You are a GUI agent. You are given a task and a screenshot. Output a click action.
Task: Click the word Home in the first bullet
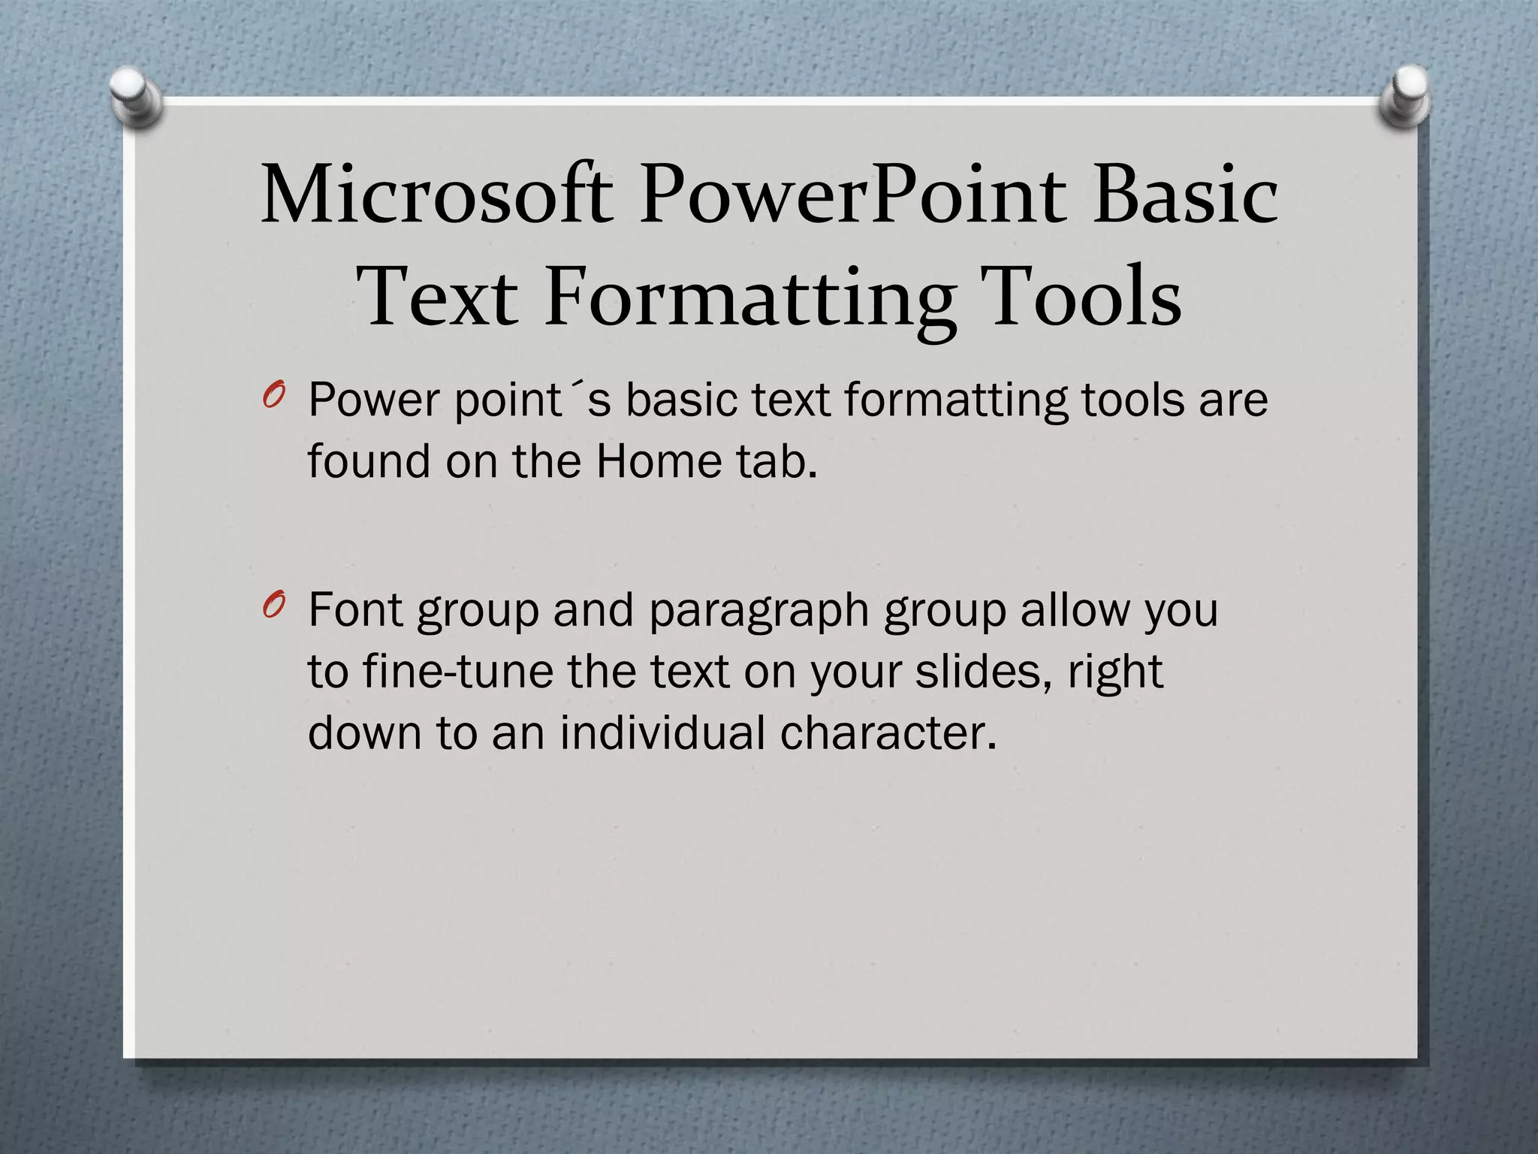pos(658,461)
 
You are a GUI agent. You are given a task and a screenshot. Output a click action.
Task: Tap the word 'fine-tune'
pos(458,672)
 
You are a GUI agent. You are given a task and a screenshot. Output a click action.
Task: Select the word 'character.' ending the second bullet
pos(888,733)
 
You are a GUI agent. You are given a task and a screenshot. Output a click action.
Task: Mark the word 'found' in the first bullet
pos(369,461)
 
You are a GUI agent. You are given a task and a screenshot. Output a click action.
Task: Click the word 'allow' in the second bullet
pos(1075,610)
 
